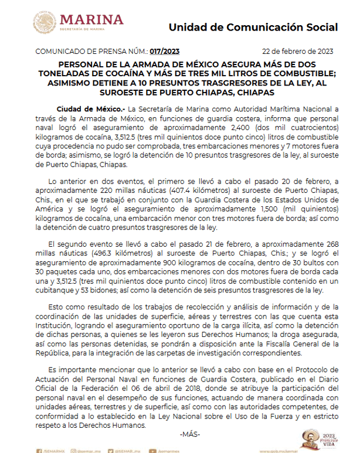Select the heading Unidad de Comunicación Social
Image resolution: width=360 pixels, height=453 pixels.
coord(253,28)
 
